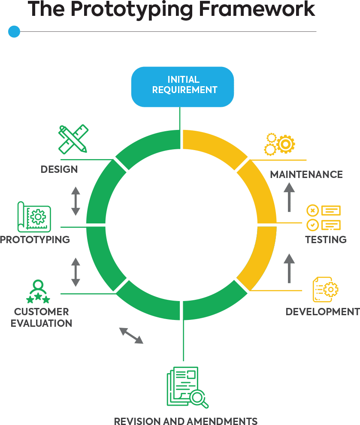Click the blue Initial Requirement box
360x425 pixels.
click(x=183, y=86)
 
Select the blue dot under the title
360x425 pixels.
click(x=14, y=31)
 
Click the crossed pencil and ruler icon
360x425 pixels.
click(x=73, y=139)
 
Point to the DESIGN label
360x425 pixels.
click(x=59, y=169)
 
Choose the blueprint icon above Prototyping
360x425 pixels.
click(x=34, y=217)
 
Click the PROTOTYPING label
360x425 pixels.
click(x=35, y=239)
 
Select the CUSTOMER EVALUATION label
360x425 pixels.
click(x=42, y=317)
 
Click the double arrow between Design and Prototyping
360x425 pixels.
click(x=76, y=201)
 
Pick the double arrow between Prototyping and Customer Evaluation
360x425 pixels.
click(x=76, y=272)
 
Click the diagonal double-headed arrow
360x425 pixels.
click(x=131, y=335)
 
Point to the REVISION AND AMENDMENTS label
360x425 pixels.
click(x=186, y=420)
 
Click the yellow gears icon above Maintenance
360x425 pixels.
click(x=279, y=144)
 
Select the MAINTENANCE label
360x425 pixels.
click(x=306, y=175)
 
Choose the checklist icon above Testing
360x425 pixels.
click(x=324, y=217)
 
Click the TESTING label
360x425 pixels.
click(x=326, y=239)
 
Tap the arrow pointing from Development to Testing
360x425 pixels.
click(x=290, y=268)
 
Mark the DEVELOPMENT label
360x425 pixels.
click(x=322, y=312)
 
